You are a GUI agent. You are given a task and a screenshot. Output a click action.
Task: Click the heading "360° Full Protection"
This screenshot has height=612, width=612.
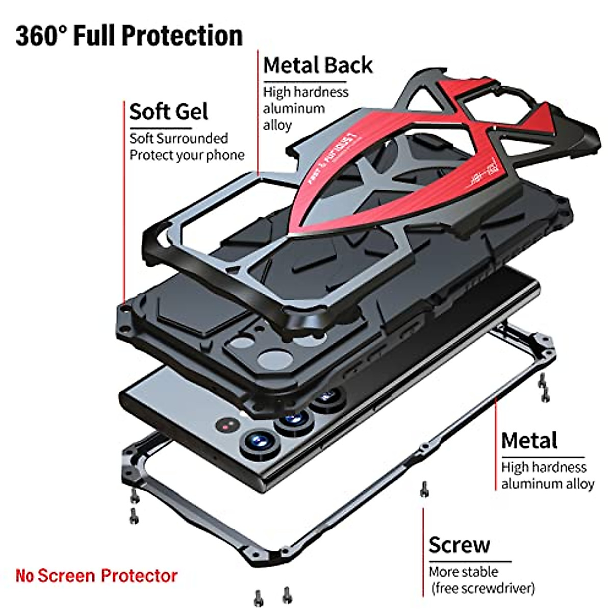pyautogui.click(x=129, y=36)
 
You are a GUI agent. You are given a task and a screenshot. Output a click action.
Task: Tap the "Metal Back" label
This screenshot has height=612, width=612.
pyautogui.click(x=318, y=66)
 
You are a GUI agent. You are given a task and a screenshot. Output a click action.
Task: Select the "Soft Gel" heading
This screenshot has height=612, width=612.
pyautogui.click(x=168, y=112)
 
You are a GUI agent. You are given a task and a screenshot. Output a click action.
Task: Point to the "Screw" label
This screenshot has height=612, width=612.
pyautogui.click(x=459, y=545)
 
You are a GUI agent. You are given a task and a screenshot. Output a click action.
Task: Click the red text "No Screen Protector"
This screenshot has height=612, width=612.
pyautogui.click(x=96, y=576)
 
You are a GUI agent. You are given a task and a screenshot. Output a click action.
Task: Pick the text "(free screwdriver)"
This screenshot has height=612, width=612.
pyautogui.click(x=482, y=588)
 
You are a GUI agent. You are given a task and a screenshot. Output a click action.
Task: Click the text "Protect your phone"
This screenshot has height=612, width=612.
pyautogui.click(x=187, y=155)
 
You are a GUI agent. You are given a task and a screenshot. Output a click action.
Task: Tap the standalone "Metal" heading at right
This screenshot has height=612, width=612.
pyautogui.click(x=529, y=441)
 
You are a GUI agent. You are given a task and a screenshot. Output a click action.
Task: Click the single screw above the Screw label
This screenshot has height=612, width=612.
pyautogui.click(x=423, y=489)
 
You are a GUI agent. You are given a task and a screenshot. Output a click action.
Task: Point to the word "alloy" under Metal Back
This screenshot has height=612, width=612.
pyautogui.click(x=277, y=125)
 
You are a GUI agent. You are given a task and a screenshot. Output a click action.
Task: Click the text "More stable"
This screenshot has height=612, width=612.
pyautogui.click(x=463, y=572)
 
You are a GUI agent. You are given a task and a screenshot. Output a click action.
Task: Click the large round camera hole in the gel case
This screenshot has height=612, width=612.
pyautogui.click(x=274, y=360)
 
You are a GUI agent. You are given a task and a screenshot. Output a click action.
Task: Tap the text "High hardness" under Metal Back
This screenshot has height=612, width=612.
pyautogui.click(x=305, y=92)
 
